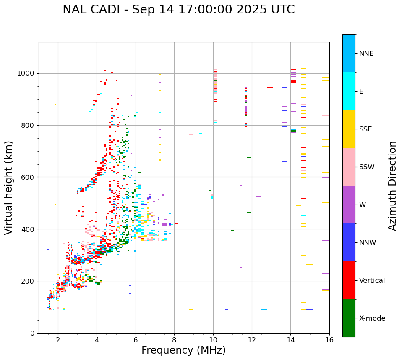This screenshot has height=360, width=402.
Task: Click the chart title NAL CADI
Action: (x=178, y=10)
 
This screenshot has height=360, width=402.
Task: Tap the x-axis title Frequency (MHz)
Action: (x=183, y=350)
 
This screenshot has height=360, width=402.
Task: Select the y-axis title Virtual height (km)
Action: (x=9, y=187)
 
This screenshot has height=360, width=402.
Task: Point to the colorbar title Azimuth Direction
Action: (x=392, y=186)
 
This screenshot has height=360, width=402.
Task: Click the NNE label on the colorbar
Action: (x=366, y=54)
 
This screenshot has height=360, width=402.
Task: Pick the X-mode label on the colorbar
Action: (x=372, y=318)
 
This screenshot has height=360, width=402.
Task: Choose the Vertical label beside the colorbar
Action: (x=372, y=281)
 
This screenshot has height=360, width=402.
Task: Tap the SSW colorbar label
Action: (x=367, y=167)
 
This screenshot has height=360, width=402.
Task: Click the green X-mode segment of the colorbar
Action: (x=349, y=318)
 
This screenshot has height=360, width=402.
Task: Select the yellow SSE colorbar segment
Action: (x=349, y=129)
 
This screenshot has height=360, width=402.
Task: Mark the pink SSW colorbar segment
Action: (x=349, y=167)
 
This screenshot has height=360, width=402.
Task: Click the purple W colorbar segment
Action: (x=349, y=205)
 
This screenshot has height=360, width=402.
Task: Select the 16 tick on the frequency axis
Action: (x=329, y=340)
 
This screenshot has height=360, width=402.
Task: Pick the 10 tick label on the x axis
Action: (x=213, y=340)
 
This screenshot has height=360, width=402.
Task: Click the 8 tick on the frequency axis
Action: (x=174, y=340)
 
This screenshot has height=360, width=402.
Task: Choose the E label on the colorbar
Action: (x=361, y=92)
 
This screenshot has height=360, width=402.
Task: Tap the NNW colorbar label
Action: (x=368, y=243)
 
